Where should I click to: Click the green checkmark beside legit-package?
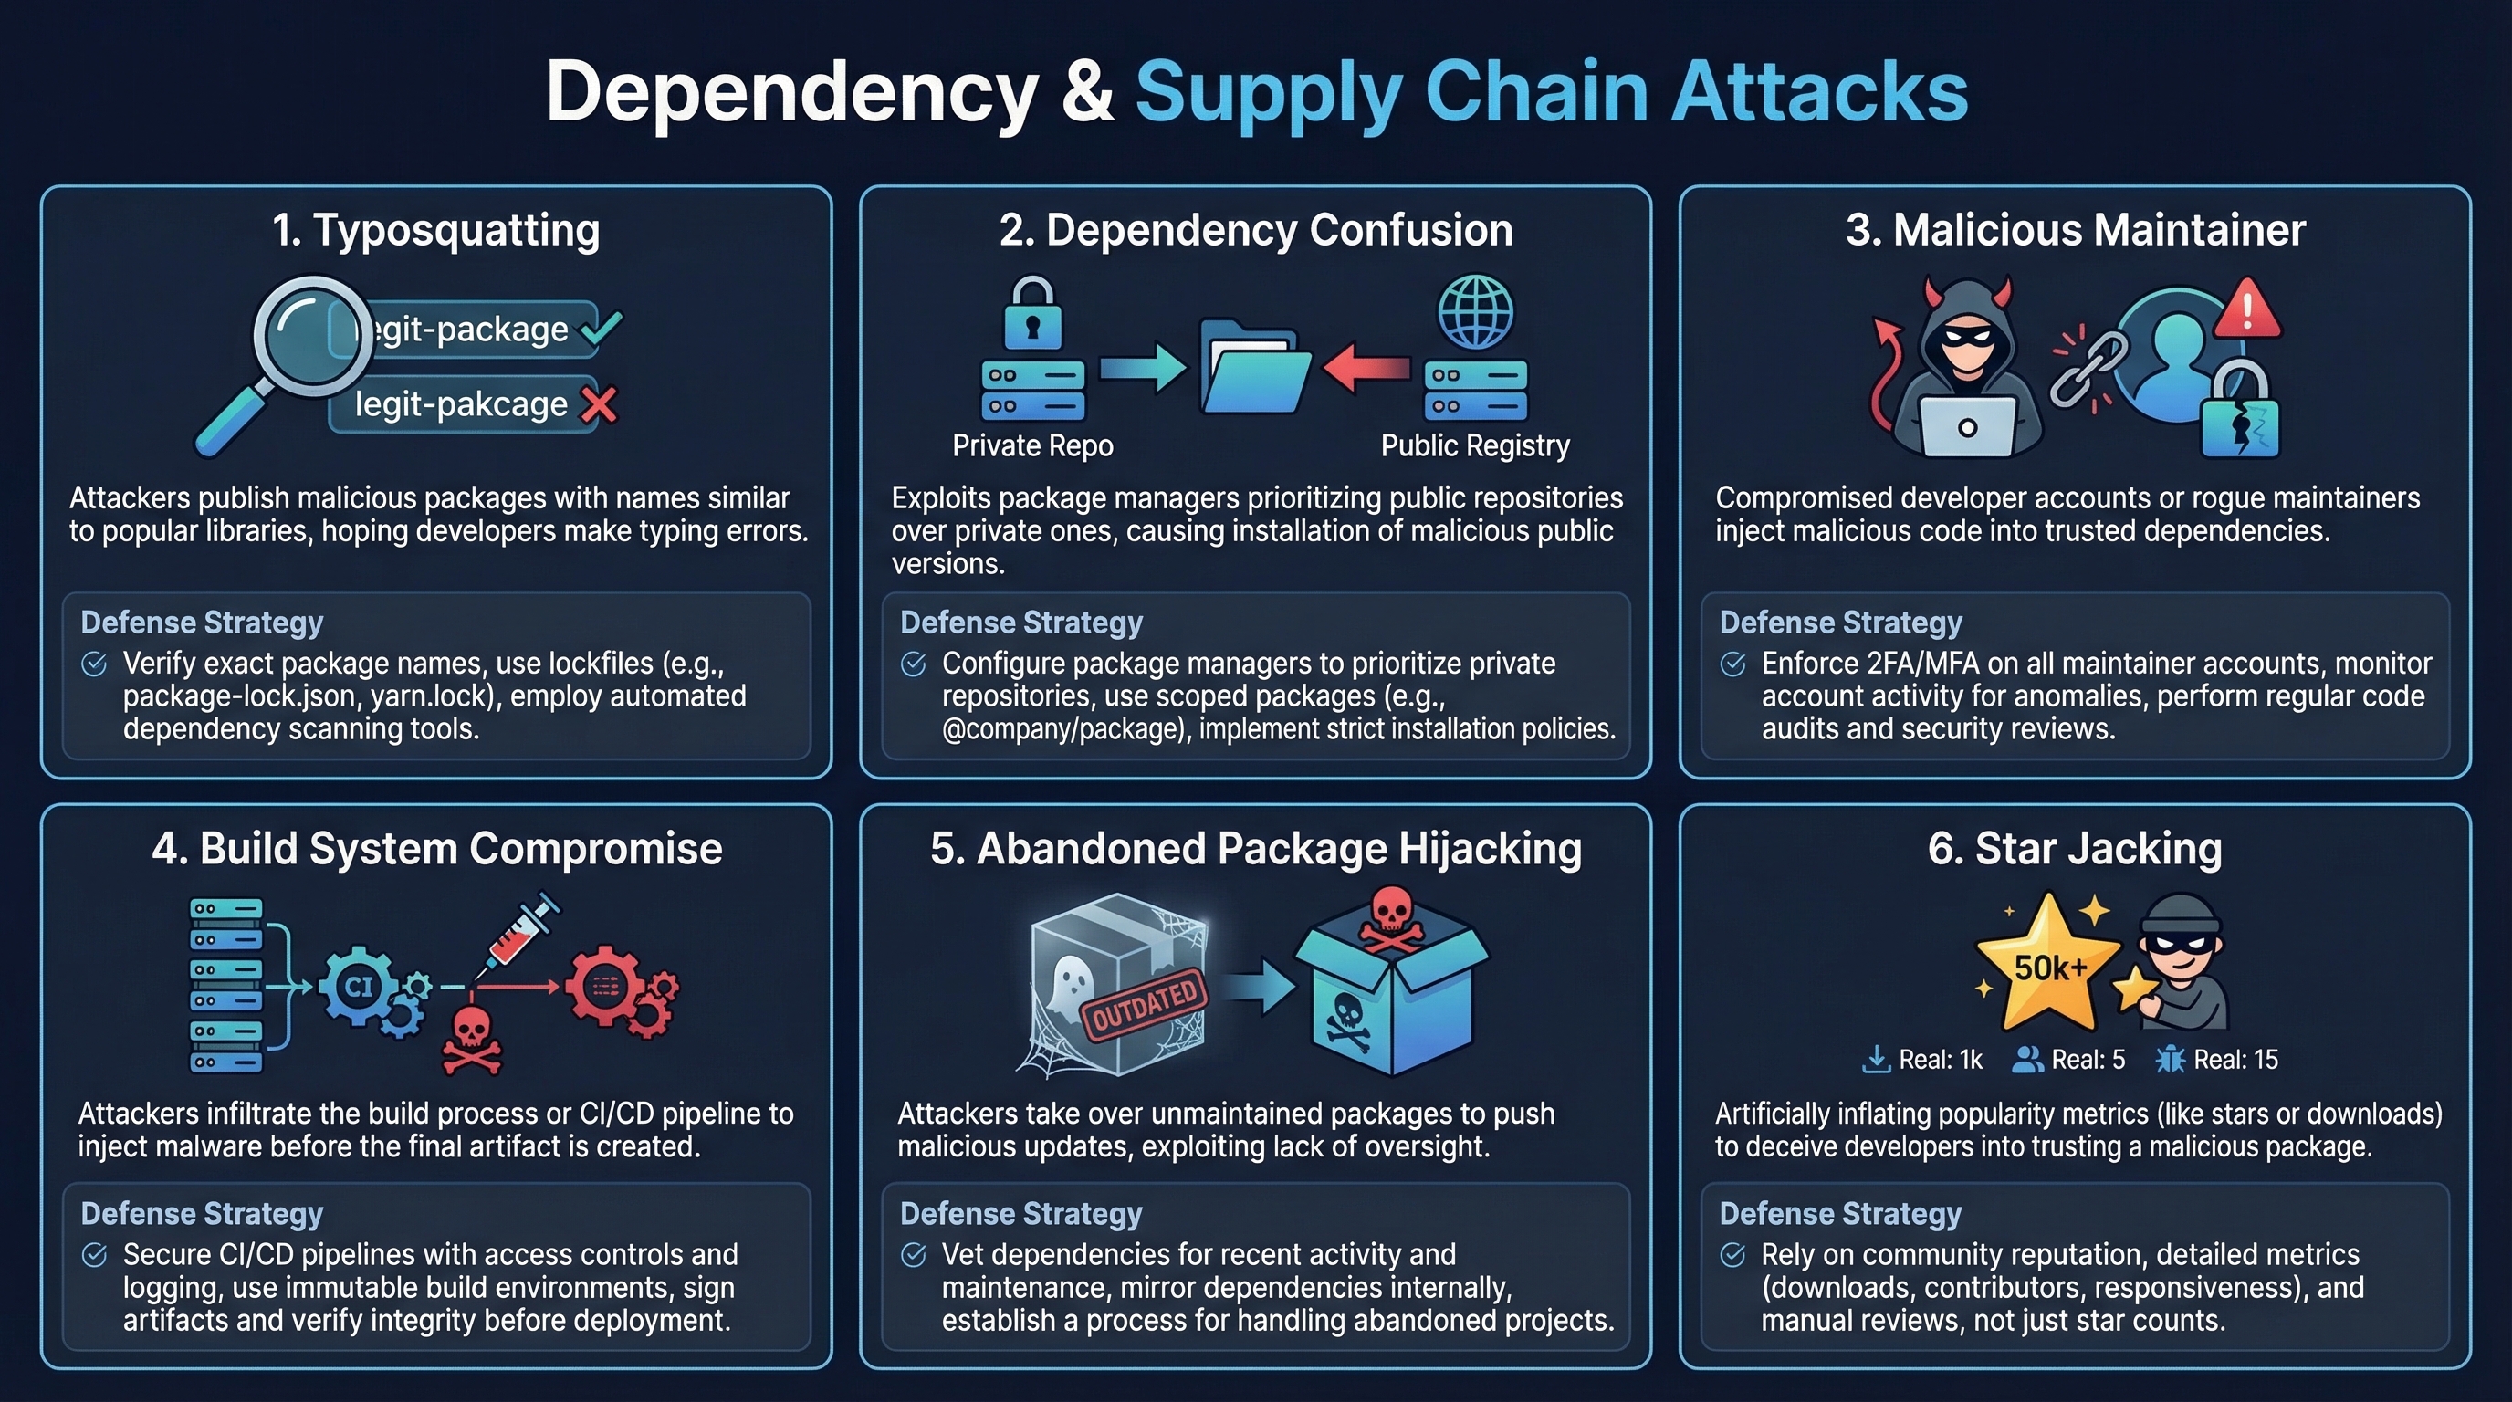coord(601,329)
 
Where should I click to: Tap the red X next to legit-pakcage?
coord(599,404)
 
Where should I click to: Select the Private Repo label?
coord(1031,445)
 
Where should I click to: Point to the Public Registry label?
coord(1474,445)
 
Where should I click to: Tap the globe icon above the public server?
coord(1475,312)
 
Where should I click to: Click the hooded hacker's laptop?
coord(1967,427)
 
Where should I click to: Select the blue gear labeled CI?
coord(359,987)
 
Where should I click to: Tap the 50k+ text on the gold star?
coord(2050,968)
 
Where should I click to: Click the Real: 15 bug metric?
coord(2217,1060)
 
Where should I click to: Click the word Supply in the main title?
coord(1269,91)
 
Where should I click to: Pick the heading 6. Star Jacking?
coord(2074,848)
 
